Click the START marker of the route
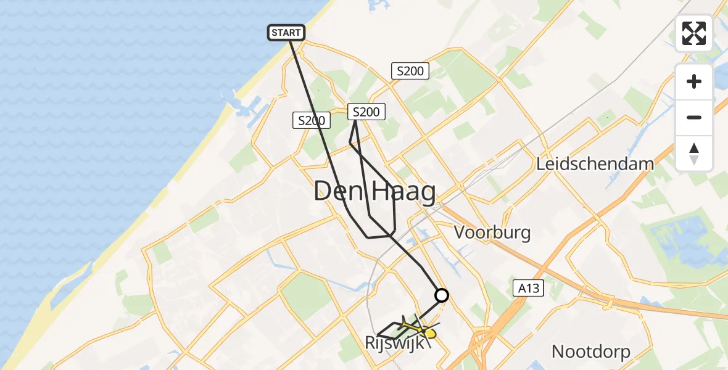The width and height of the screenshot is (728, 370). click(x=286, y=33)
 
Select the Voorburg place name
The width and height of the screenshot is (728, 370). click(x=492, y=232)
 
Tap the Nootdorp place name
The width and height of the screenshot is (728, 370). click(x=590, y=351)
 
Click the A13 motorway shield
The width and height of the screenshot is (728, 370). click(x=529, y=287)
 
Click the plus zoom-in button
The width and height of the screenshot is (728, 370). click(x=694, y=81)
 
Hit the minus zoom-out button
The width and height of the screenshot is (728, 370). click(x=694, y=117)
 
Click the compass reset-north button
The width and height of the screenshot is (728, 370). click(x=694, y=154)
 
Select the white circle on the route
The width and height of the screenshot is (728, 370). click(x=442, y=295)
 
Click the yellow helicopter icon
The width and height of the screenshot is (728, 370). click(x=411, y=325)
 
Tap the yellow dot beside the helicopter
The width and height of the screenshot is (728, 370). click(x=429, y=334)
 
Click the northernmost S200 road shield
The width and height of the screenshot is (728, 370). click(x=410, y=71)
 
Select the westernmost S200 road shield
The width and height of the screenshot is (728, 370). click(x=310, y=121)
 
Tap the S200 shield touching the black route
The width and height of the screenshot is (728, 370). click(x=366, y=112)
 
